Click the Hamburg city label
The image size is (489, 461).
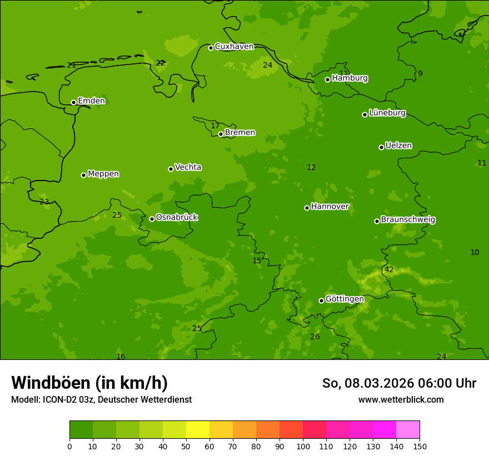click(350, 78)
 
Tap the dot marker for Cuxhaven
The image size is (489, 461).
click(211, 48)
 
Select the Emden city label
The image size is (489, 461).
click(91, 101)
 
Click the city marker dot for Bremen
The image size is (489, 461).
click(221, 134)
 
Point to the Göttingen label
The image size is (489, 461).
click(345, 299)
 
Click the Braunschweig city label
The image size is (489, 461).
click(408, 220)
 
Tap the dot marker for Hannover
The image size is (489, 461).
click(307, 208)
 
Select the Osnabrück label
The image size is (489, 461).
click(177, 218)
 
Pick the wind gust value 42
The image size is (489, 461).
click(389, 270)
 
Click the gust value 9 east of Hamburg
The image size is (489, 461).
click(420, 74)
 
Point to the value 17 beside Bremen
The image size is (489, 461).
click(215, 126)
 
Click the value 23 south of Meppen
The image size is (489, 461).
click(44, 202)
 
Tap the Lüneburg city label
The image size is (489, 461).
click(387, 113)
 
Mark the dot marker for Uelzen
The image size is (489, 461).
click(381, 147)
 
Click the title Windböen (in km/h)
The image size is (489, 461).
click(89, 383)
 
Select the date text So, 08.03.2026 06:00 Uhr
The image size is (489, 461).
click(399, 383)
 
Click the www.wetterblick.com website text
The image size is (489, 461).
click(401, 400)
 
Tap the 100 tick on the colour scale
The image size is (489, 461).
click(303, 446)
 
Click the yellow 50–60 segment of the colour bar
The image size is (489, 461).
click(198, 430)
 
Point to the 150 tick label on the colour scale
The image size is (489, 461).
click(420, 446)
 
